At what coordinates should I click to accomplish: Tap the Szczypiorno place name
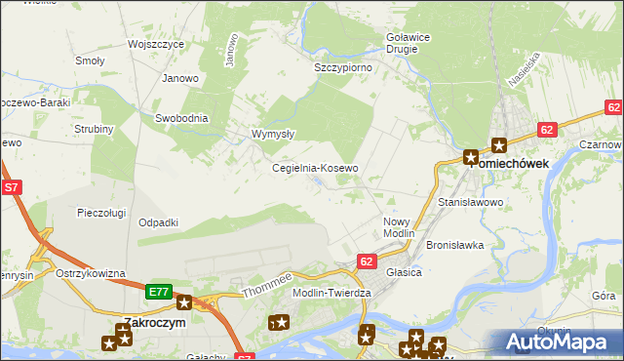click(x=342, y=68)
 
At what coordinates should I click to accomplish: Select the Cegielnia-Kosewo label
click(x=314, y=168)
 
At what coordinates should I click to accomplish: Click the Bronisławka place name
click(x=455, y=245)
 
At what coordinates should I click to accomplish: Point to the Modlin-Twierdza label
click(x=331, y=293)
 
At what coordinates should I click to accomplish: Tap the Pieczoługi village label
click(x=102, y=212)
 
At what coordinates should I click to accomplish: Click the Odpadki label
click(x=158, y=222)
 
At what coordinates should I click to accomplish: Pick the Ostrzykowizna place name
click(x=91, y=273)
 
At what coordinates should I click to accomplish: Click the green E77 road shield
click(x=159, y=292)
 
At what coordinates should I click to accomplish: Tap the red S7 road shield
click(x=12, y=186)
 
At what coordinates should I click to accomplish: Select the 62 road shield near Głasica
click(x=367, y=261)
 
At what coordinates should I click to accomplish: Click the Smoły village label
click(x=90, y=60)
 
